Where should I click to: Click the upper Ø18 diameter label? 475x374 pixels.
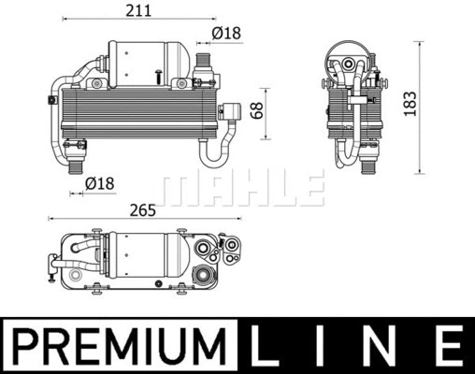point(225,33)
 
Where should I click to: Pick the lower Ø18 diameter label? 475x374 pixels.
point(99,183)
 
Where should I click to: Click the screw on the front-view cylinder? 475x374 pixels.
point(161,74)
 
